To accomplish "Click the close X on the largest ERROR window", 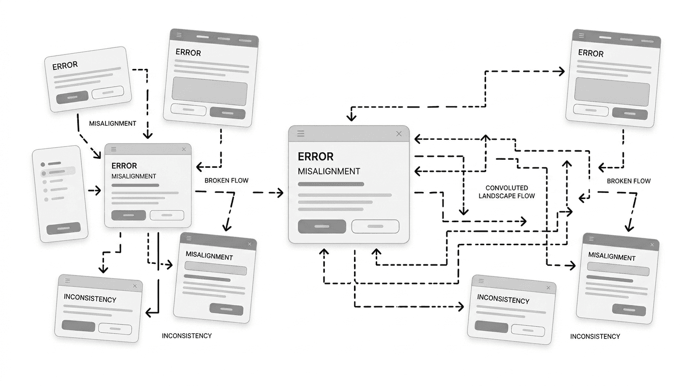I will [x=399, y=134].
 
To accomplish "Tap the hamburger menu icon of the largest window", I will [x=301, y=134].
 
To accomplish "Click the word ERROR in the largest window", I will [x=315, y=156].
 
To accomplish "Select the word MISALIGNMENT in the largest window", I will [x=329, y=171].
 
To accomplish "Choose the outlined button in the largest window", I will [x=375, y=226].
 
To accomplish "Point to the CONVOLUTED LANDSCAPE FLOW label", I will [x=507, y=192].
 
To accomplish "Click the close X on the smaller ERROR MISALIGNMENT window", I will [x=184, y=149].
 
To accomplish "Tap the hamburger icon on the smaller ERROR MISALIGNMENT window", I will [x=114, y=149].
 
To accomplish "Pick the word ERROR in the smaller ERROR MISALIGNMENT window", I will [x=124, y=165].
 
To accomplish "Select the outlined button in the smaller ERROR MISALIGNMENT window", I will [x=167, y=215].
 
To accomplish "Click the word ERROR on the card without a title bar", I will [x=65, y=65].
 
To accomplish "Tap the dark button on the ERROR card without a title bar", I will [x=72, y=96].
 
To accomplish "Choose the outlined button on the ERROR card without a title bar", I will [x=107, y=92].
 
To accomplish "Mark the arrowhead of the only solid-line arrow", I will [x=149, y=313].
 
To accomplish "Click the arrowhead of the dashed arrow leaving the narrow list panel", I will [x=98, y=191].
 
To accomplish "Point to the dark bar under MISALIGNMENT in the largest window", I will [x=331, y=184].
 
